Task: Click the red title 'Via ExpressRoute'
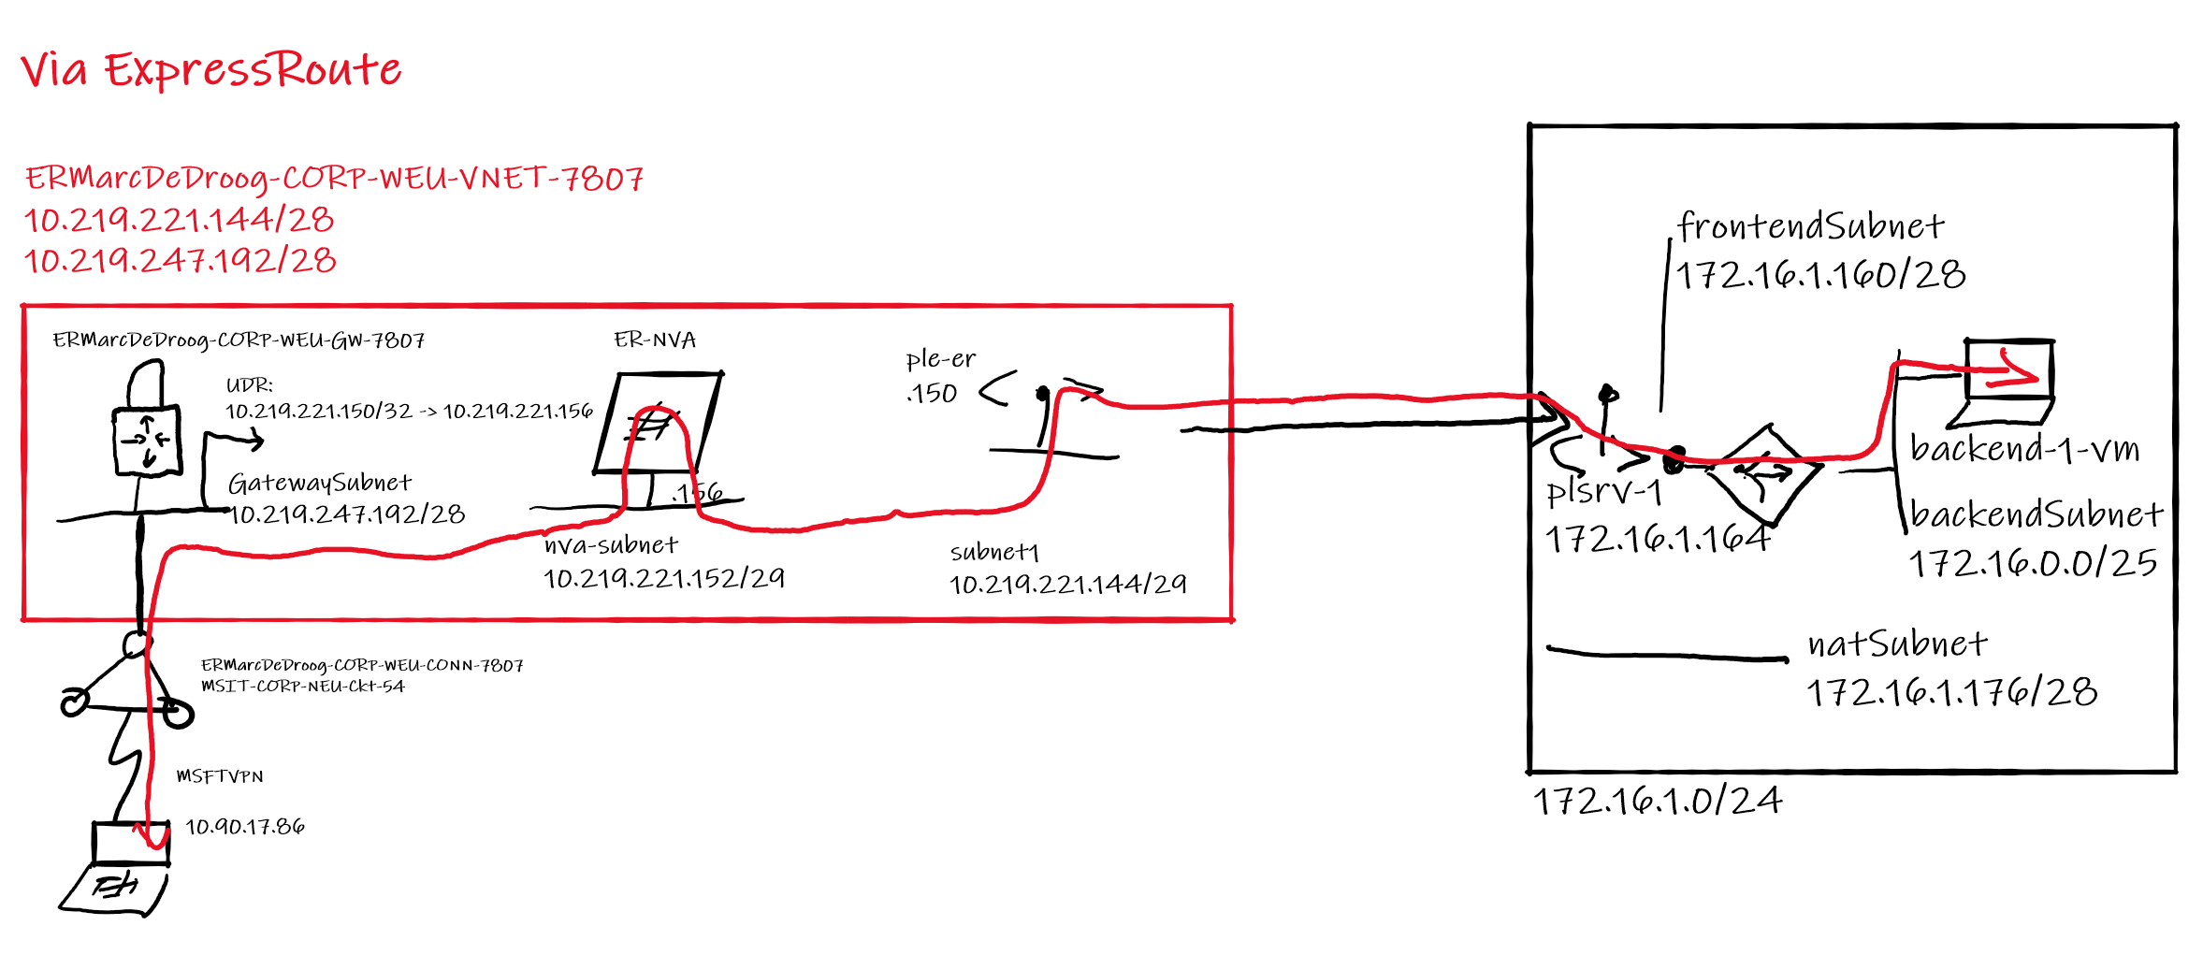tap(210, 69)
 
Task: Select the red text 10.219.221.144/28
tap(179, 220)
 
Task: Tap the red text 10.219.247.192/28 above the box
tap(180, 260)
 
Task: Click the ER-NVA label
tap(655, 340)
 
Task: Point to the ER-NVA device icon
tap(658, 423)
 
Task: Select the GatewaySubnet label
tap(319, 483)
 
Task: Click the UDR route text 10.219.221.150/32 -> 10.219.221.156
tap(409, 411)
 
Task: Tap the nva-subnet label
tap(611, 544)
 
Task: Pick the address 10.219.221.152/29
tap(663, 578)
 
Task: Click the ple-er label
tap(940, 359)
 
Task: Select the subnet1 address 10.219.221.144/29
tap(1067, 585)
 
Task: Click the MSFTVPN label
tap(220, 776)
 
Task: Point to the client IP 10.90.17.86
tap(245, 827)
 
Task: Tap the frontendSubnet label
tap(1810, 226)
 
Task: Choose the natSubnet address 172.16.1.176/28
tap(1951, 692)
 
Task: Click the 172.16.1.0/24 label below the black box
tap(1658, 801)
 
